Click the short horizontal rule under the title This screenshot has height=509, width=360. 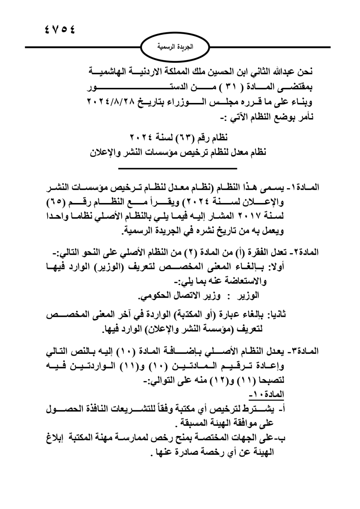(x=177, y=168)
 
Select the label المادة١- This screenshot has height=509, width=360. (x=301, y=188)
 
